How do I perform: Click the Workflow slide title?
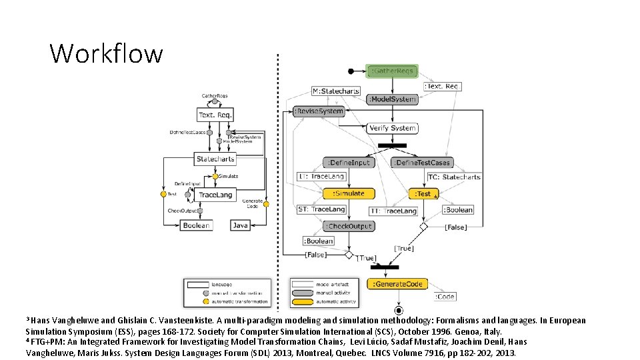106,53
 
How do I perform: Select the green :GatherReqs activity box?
393,71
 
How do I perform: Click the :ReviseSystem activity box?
319,111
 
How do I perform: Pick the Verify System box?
393,128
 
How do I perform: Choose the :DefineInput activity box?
349,163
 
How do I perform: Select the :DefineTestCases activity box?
423,163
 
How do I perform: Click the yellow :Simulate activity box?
349,193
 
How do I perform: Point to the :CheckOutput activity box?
349,227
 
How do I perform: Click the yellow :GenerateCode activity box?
398,284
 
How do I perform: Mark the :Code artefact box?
446,297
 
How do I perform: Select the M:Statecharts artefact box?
336,91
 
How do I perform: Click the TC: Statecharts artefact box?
454,177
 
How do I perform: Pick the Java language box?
240,225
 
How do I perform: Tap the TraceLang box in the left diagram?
215,195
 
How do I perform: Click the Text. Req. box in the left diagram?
215,115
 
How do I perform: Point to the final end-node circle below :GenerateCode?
399,311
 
